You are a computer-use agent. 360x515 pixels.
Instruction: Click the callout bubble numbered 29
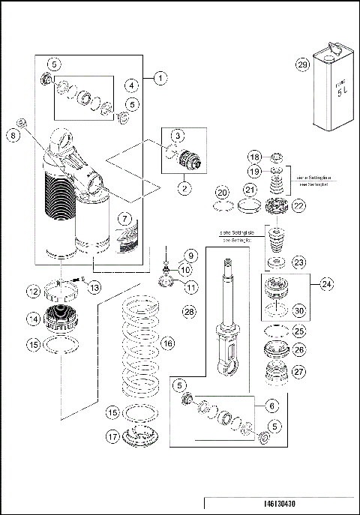tap(303, 65)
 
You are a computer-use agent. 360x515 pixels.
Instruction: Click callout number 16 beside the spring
tap(168, 343)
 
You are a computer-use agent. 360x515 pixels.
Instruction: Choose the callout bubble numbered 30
tap(299, 311)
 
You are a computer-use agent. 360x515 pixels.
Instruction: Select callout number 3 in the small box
tap(178, 135)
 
